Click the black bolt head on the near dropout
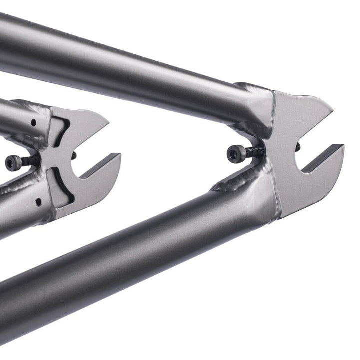pos(235,153)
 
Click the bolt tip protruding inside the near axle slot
pos(298,147)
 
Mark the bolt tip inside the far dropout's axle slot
pos(74,156)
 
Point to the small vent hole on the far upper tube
pos(33,122)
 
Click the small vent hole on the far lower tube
pos(38,202)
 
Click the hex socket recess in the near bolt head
pos(232,154)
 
